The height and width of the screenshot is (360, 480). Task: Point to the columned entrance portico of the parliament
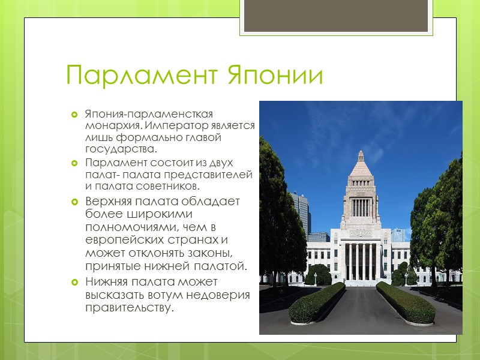361,261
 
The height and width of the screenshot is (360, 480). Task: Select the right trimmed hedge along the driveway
405,303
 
